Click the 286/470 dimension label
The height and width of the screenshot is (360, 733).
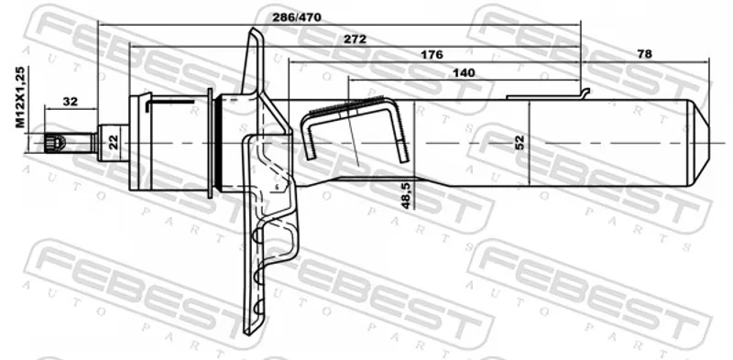click(x=297, y=17)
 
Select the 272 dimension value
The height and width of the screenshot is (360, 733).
click(x=355, y=39)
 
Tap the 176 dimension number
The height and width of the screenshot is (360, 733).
click(x=432, y=55)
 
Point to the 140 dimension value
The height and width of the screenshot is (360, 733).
click(x=464, y=73)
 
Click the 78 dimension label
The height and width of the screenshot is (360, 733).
click(x=644, y=54)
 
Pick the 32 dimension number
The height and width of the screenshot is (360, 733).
click(x=71, y=101)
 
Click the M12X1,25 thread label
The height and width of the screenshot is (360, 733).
click(x=20, y=97)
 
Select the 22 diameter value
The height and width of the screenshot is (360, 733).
click(x=114, y=142)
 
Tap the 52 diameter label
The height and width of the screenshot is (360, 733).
click(x=520, y=142)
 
